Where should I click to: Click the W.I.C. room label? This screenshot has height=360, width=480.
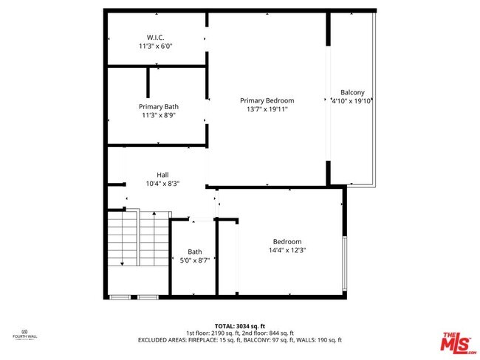coord(156,37)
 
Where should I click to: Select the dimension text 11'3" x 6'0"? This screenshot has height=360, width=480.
coord(156,46)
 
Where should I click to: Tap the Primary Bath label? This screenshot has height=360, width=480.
coord(159,106)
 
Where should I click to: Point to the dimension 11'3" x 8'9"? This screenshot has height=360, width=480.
coord(159,114)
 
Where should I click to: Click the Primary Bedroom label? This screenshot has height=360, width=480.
coord(267,100)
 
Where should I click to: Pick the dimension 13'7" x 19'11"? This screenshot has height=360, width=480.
coord(267,109)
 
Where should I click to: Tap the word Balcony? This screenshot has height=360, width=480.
coord(352,92)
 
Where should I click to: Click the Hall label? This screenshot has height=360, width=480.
coord(162,175)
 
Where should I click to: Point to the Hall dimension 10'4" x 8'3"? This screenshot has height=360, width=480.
coord(162,183)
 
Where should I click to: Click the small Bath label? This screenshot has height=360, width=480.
coord(194,252)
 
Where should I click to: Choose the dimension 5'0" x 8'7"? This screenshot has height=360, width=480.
coord(195,260)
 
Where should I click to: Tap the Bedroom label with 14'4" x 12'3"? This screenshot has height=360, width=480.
coord(287,241)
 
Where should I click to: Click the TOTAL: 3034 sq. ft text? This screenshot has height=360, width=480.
coord(239,326)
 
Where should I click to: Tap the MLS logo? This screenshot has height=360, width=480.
coord(458,342)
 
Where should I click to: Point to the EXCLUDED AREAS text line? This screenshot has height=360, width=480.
coord(239,340)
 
